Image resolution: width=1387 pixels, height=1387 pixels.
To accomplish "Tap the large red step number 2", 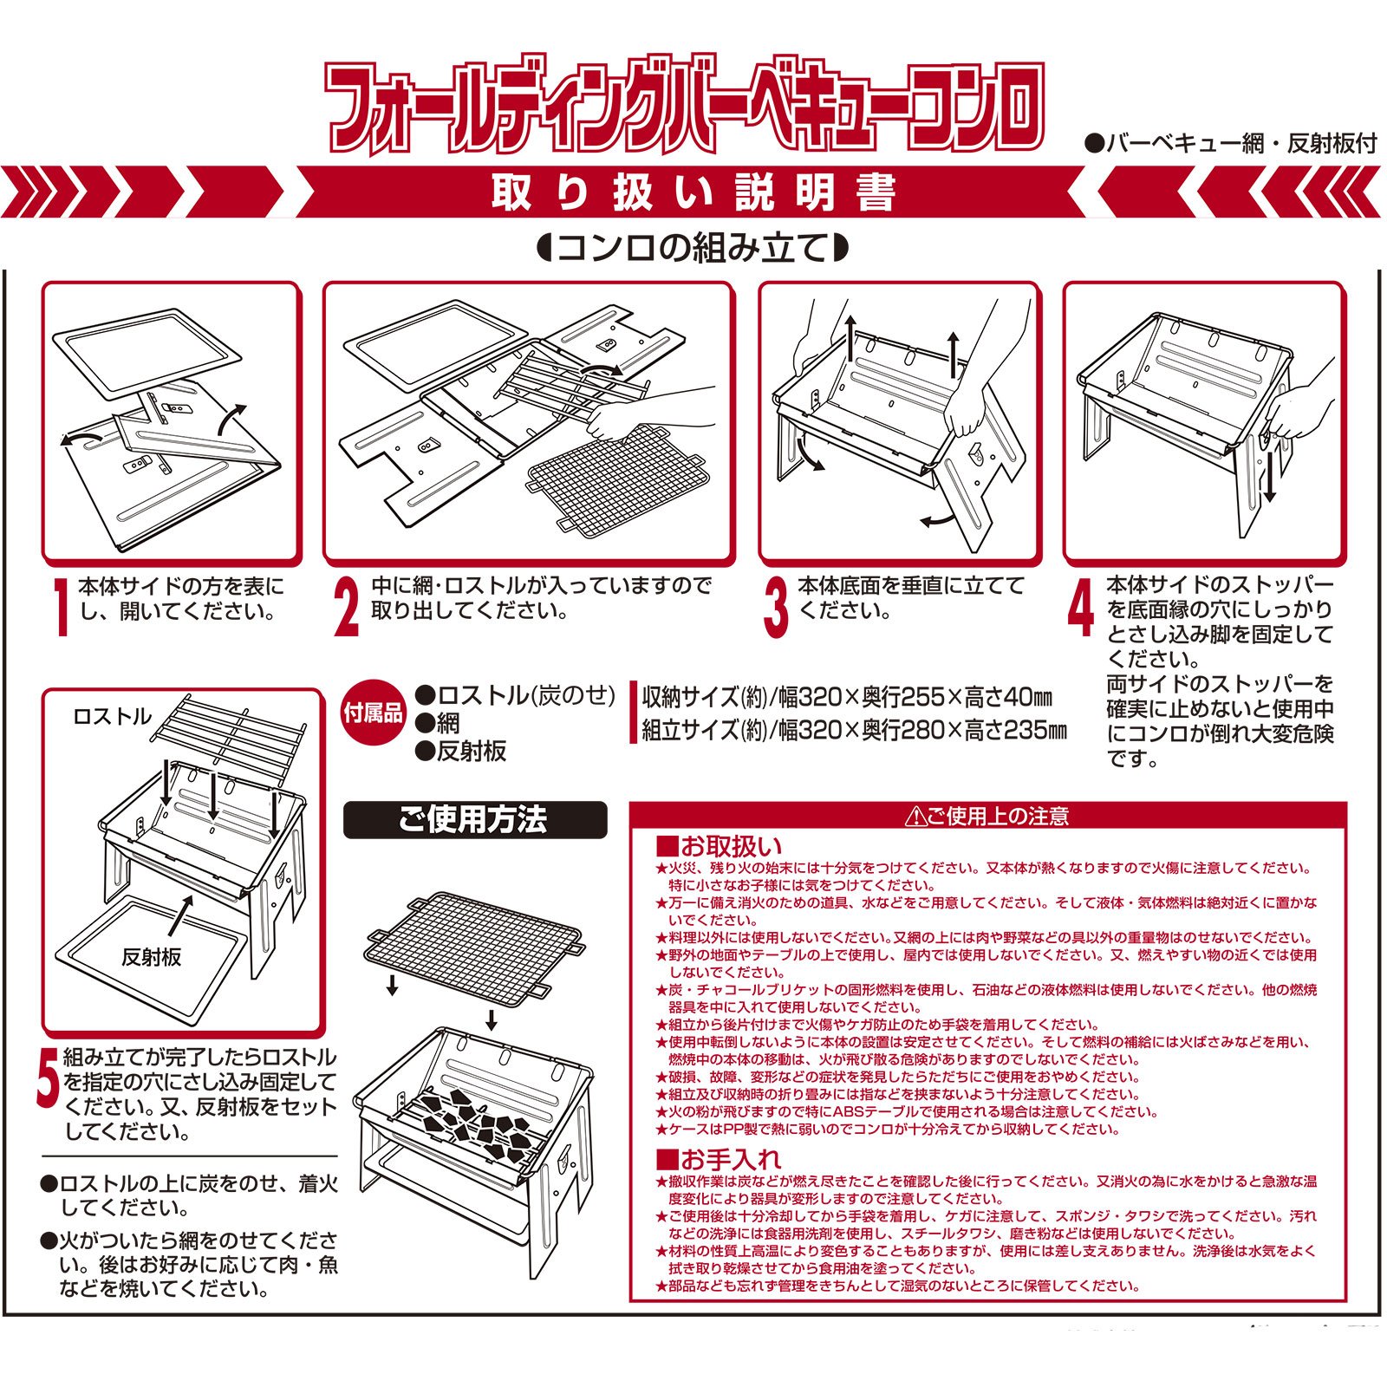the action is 347,608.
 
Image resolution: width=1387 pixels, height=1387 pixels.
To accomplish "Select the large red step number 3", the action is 776,608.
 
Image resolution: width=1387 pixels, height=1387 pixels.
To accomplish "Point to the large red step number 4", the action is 1080,608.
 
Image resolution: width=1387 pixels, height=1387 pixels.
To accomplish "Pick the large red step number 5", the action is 49,1077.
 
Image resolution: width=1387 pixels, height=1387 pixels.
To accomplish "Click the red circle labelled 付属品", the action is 374,713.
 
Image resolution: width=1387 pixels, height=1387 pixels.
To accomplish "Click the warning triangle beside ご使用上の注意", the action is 915,817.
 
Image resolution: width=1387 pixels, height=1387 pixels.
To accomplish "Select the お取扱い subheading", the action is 720,846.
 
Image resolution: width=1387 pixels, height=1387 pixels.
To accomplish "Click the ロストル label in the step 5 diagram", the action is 112,717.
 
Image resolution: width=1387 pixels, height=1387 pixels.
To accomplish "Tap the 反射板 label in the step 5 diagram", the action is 152,957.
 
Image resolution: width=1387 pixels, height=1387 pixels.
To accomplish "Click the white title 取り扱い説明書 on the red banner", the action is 693,192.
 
